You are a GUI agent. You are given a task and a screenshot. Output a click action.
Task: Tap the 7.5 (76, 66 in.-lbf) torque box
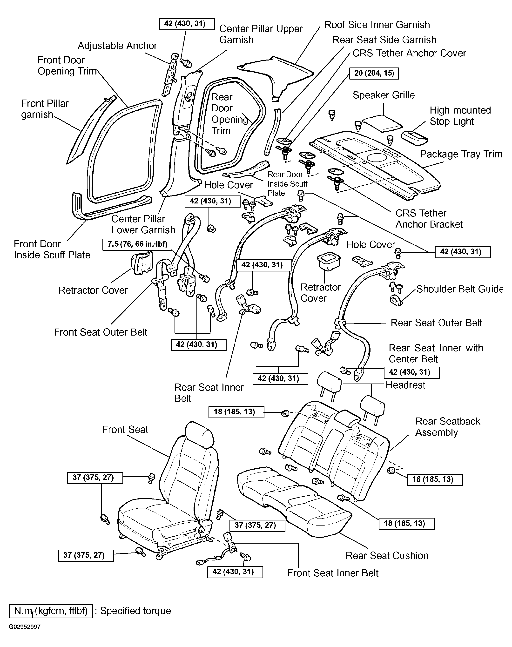pyautogui.click(x=137, y=244)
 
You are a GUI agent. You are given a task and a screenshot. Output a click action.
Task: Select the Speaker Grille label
pyautogui.click(x=384, y=95)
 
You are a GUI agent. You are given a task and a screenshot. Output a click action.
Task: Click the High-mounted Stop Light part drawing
pyautogui.click(x=415, y=136)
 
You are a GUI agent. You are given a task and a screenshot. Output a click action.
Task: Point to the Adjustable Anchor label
pyautogui.click(x=117, y=46)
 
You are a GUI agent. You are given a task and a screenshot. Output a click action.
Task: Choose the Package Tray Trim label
pyautogui.click(x=461, y=154)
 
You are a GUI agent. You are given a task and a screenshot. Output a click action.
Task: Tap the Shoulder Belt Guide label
pyautogui.click(x=459, y=289)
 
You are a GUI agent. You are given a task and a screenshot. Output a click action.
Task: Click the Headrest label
pyautogui.click(x=405, y=385)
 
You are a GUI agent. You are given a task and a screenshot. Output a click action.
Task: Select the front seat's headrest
pyautogui.click(x=199, y=433)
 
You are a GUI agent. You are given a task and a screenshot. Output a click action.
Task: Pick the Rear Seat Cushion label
pyautogui.click(x=387, y=556)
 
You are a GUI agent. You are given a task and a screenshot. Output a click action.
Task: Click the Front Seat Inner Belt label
pyautogui.click(x=333, y=573)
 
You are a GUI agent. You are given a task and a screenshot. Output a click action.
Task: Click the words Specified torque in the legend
pyautogui.click(x=135, y=611)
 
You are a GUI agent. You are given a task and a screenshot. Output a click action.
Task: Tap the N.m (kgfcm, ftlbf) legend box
pyautogui.click(x=51, y=611)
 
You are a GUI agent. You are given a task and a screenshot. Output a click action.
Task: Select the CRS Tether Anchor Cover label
pyautogui.click(x=409, y=53)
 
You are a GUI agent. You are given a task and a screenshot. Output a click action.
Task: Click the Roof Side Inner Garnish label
pyautogui.click(x=377, y=25)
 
